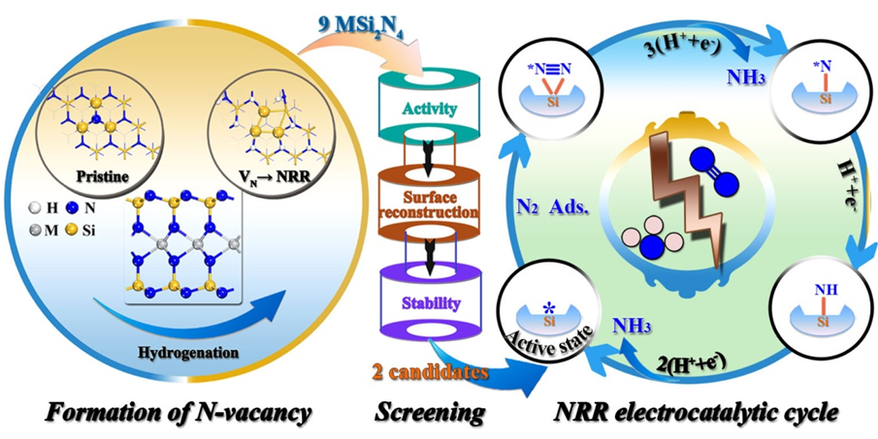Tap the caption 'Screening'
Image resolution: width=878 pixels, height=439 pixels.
[430, 412]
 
